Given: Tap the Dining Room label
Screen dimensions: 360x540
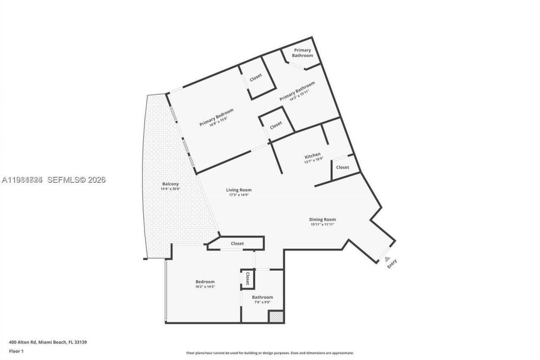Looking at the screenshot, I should point(322,219).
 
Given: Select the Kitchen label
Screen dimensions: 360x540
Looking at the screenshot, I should point(313,155).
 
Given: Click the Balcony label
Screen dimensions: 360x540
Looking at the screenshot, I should point(170,184).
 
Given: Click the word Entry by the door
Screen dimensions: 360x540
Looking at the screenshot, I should point(392,263).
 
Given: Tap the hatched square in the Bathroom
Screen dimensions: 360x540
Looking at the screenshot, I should point(276,317).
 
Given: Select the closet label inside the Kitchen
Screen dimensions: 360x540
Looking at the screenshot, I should point(343,167).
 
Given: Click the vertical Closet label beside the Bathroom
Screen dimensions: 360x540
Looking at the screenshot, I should point(248,279).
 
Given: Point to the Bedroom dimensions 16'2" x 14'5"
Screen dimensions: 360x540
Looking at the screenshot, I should point(205,287).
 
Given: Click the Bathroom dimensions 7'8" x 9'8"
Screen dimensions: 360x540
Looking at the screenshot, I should point(262,302).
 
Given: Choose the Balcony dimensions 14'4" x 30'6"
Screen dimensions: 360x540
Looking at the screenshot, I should point(170,189).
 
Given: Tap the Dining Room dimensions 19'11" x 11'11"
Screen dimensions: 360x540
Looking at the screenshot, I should point(322,225).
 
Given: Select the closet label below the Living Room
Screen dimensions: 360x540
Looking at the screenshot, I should point(237,244).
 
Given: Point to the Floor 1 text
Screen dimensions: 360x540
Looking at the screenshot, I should point(16,351).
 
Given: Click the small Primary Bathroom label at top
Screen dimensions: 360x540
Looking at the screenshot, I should point(302,53).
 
